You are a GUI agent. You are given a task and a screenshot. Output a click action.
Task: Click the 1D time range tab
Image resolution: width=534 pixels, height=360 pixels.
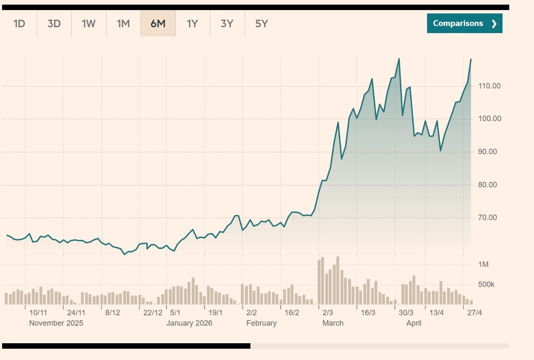[19, 23]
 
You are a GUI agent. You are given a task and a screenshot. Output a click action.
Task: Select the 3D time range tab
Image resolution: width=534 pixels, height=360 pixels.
[54, 23]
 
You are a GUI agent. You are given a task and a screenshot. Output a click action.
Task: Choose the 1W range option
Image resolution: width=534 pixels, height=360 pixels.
[89, 23]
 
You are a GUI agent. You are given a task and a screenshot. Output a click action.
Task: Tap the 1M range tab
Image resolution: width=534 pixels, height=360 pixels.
[123, 23]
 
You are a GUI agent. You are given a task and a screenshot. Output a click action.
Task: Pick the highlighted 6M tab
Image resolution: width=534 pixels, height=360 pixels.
[158, 23]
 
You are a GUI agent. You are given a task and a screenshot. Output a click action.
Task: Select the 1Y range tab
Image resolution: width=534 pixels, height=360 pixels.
[192, 23]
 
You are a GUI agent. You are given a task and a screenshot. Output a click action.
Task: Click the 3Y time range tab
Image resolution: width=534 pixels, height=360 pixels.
[227, 23]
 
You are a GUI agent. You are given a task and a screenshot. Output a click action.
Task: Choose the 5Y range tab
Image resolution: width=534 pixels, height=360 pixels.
[261, 23]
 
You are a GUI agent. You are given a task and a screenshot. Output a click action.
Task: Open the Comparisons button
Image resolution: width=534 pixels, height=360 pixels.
[464, 23]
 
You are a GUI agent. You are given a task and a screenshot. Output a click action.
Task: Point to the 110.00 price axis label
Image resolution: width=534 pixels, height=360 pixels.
[490, 86]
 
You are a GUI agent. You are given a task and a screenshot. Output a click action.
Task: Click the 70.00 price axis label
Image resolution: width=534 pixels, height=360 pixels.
[487, 218]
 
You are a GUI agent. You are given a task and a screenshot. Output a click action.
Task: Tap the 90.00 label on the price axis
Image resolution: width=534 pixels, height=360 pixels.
[487, 152]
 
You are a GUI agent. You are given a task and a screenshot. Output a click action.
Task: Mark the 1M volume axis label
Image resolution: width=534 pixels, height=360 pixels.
[483, 264]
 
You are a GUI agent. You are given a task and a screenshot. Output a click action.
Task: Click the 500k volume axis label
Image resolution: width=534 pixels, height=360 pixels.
[486, 285]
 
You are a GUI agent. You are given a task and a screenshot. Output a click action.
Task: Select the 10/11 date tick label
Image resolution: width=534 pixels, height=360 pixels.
[38, 313]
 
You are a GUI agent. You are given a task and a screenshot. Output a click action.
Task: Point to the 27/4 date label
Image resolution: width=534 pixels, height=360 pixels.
[475, 313]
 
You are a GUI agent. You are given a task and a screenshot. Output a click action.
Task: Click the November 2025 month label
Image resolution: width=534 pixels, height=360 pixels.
[56, 323]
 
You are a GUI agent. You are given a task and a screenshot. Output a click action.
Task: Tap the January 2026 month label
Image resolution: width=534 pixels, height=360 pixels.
[189, 323]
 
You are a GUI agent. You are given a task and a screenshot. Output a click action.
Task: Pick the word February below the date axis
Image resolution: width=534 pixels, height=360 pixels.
[261, 323]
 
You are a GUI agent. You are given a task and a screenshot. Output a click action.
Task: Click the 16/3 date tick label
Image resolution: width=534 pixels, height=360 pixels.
[368, 313]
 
